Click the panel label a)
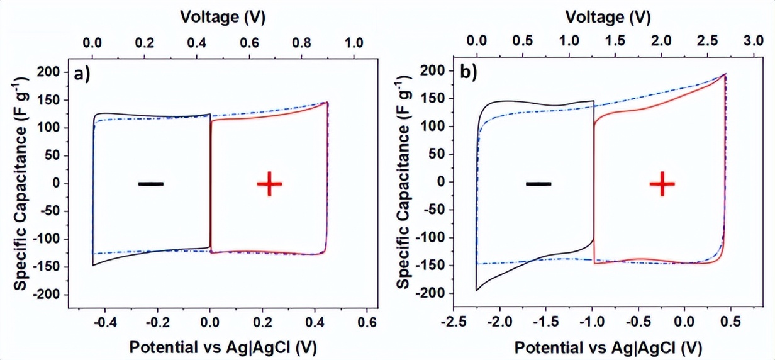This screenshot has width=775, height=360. tap(82, 74)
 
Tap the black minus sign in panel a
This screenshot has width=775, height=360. tap(150, 184)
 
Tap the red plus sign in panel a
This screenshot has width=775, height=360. tap(269, 183)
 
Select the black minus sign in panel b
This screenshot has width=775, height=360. tap(538, 184)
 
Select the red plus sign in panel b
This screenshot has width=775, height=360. tap(662, 183)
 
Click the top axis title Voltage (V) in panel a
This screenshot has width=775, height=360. tap(223, 17)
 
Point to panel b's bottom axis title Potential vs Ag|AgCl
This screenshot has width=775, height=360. tap(608, 347)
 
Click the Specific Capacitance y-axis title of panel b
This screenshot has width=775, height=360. tap(404, 182)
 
